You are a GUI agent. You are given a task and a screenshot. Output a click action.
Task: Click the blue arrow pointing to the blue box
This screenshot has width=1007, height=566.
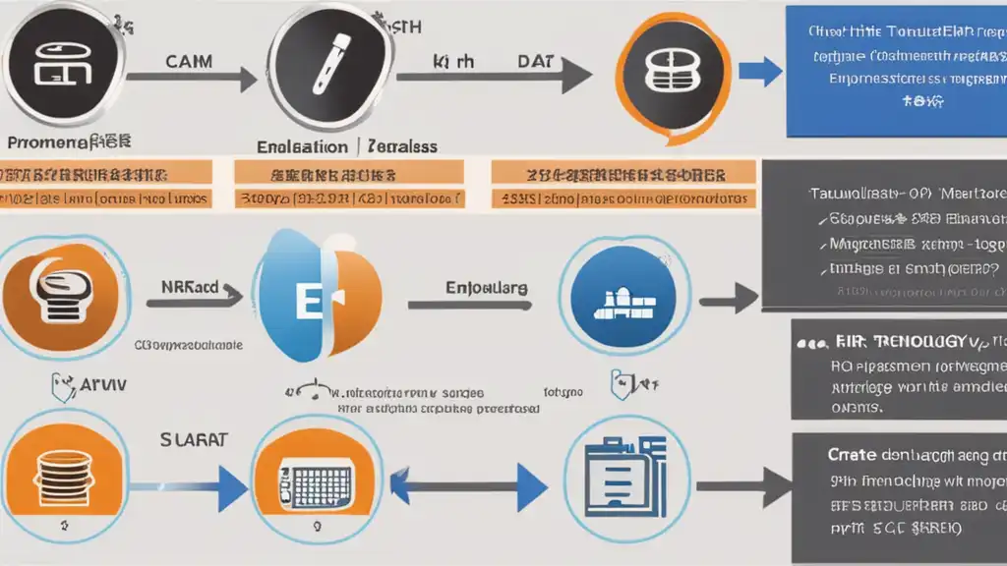[759, 71]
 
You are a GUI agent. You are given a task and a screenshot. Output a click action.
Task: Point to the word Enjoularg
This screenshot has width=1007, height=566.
[486, 290]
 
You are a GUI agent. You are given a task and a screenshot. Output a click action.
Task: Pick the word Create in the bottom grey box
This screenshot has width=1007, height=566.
[852, 455]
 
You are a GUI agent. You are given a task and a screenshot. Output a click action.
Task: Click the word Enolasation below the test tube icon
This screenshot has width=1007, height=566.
[303, 146]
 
